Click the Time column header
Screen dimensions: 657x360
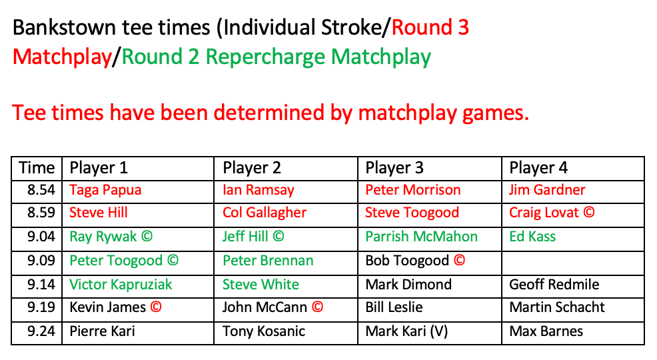[x=37, y=168]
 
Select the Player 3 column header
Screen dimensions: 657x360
[x=394, y=168]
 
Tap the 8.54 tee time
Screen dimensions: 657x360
[x=41, y=190]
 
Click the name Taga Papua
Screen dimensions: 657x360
[x=105, y=190]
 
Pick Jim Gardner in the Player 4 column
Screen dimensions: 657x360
[x=547, y=190]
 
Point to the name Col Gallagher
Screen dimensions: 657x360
[x=265, y=213]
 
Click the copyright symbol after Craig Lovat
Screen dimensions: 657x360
[x=589, y=213]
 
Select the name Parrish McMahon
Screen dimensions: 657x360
[x=421, y=237]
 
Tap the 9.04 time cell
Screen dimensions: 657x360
[x=41, y=237]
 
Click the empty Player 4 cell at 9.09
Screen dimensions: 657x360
[x=573, y=263]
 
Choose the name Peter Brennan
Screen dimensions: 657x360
[x=268, y=260]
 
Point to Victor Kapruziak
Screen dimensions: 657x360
[x=121, y=285]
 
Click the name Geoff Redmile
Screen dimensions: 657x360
[x=554, y=285]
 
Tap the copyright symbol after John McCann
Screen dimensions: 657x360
[x=317, y=307]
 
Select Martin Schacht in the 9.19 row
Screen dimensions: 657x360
[x=557, y=307]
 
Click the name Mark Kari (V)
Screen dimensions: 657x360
[x=406, y=331]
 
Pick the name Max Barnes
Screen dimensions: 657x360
[x=546, y=331]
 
